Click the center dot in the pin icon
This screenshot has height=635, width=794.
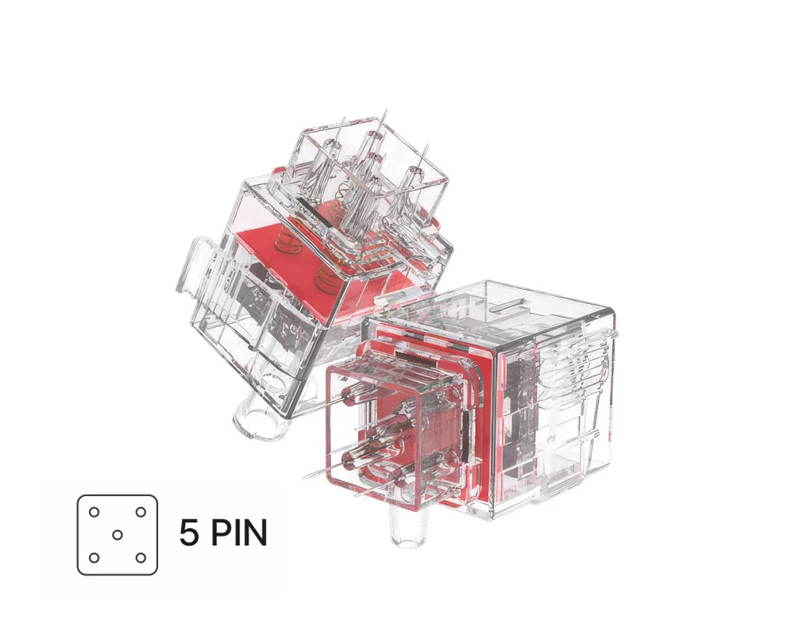pos(118,534)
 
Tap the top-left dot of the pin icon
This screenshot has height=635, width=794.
pos(94,511)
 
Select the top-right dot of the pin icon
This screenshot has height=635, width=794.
pos(141,511)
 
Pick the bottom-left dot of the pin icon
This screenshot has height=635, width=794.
pos(94,557)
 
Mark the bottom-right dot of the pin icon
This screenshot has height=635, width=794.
pos(141,557)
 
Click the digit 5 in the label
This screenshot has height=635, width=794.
pos(189,533)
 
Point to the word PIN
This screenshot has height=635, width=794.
pos(238,533)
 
